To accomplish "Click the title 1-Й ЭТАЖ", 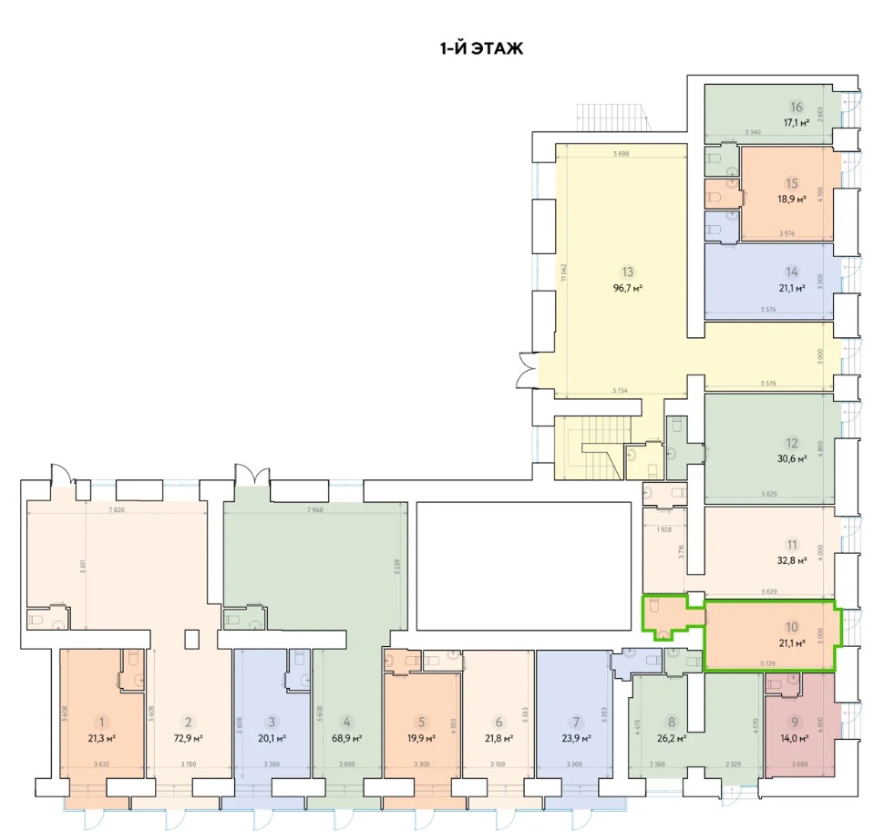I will click(481, 48).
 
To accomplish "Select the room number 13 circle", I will click(627, 272).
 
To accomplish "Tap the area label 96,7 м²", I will click(627, 288).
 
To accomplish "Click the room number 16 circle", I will click(796, 105).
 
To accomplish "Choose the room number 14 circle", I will click(792, 272).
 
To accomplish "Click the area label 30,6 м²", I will click(792, 459).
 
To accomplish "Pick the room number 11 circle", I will click(792, 544).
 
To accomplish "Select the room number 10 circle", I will click(792, 627).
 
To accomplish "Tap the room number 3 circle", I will click(271, 721).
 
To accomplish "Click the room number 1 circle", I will click(103, 721).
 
